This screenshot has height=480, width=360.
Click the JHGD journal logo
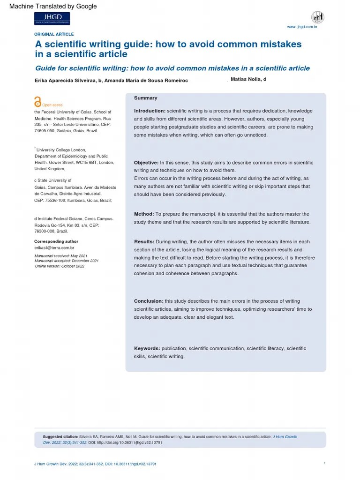pos(52,18)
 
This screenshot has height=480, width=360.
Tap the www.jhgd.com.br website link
pos(302,27)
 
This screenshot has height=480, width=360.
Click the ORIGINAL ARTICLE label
pos(54,34)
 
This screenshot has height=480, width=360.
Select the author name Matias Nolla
pos(248,80)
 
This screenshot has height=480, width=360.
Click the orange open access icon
pos(37,102)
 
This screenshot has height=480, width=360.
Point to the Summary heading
pos(145,98)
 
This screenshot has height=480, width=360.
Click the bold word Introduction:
pos(150,111)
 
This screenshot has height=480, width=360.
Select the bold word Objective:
pos(146,163)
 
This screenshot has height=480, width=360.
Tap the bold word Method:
pos(144,214)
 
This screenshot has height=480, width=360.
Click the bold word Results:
pos(144,242)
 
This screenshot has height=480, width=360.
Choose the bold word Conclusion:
pos(149,301)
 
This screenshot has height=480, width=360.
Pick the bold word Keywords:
pos(147,349)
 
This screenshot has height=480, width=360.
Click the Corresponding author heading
pos(56,241)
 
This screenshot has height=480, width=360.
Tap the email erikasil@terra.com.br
pos(54,247)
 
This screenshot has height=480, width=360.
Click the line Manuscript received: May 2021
pos(60,255)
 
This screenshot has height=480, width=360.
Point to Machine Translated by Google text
pos(53,6)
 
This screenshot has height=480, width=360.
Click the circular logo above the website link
pos(317,17)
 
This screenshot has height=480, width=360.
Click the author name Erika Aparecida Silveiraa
pos(66,81)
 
